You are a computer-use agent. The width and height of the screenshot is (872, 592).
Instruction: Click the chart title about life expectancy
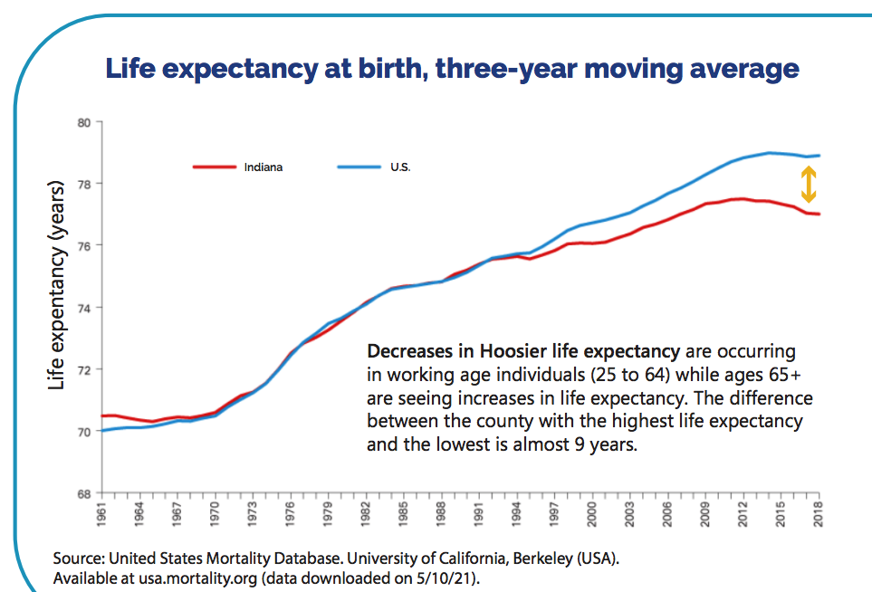point(452,69)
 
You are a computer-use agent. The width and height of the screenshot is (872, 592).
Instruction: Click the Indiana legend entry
point(263,167)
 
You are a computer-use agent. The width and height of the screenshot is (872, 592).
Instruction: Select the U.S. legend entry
point(398,167)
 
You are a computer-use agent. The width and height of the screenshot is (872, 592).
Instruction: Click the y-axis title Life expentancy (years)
point(56,286)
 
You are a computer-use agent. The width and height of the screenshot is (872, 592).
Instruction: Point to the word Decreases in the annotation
point(415,350)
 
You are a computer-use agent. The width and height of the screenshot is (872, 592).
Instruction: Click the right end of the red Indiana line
point(819,215)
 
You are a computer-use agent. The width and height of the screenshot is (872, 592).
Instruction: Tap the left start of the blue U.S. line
point(102,430)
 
